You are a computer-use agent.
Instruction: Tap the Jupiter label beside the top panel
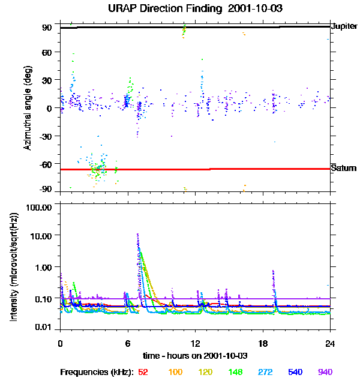(x=344, y=26)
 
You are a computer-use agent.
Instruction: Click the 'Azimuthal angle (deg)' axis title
(x=27, y=109)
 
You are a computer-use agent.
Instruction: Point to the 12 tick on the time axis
(x=195, y=343)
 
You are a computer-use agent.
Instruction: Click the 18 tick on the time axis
(x=263, y=343)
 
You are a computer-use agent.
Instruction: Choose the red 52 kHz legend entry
(x=143, y=372)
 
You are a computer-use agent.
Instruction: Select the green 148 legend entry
(x=236, y=372)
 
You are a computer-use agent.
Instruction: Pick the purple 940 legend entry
(x=325, y=372)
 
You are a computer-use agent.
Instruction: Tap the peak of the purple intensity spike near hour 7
(x=138, y=235)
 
